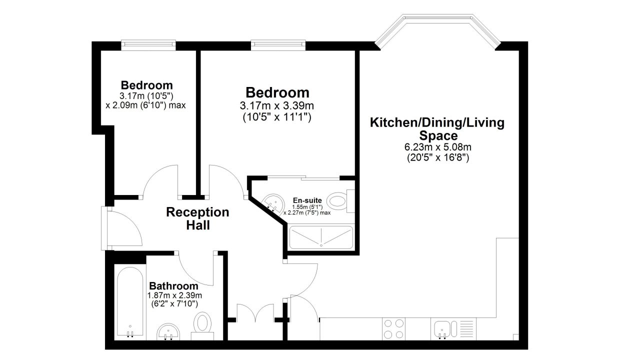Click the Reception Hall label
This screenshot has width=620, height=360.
(197, 218)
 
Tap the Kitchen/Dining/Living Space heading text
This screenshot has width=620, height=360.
(437, 129)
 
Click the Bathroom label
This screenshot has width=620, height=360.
(173, 285)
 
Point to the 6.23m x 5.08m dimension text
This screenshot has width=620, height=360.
(438, 147)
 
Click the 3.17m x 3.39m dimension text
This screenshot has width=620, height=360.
(277, 105)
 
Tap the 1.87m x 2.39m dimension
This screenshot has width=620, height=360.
(174, 295)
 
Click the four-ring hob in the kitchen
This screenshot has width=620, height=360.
(393, 329)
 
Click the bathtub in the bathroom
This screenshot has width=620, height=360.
(130, 302)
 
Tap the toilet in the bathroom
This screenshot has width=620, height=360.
(202, 326)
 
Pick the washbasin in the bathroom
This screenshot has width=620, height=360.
(168, 332)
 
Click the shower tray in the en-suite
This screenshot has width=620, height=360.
(321, 237)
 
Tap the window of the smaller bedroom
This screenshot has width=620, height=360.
(148, 45)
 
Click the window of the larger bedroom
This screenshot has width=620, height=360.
(278, 45)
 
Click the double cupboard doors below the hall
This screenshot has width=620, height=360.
(255, 311)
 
